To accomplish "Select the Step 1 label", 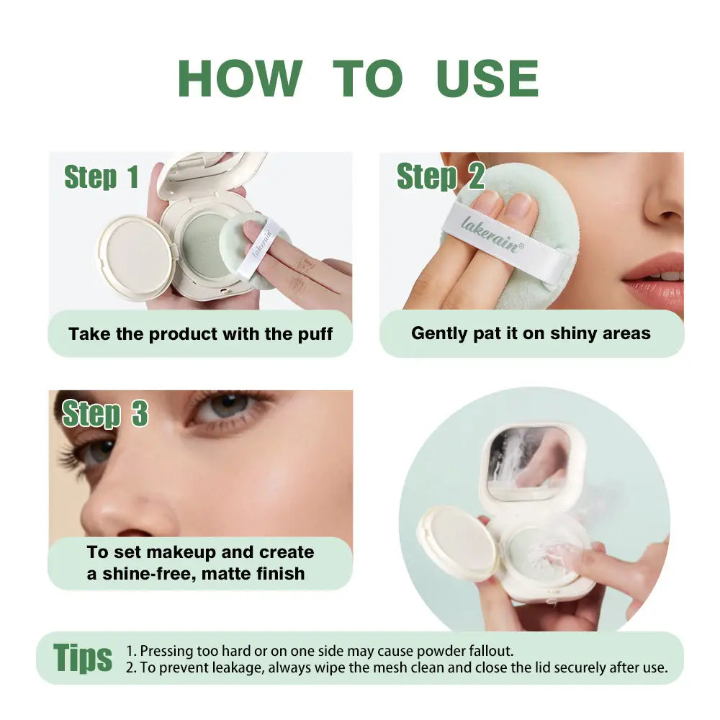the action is [x=102, y=178].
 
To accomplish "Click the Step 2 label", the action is [x=441, y=176].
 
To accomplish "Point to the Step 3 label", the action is [x=105, y=413].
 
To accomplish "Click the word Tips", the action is [x=83, y=657].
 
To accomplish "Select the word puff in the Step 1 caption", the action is [x=315, y=334].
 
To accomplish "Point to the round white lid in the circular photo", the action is [x=457, y=543].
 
